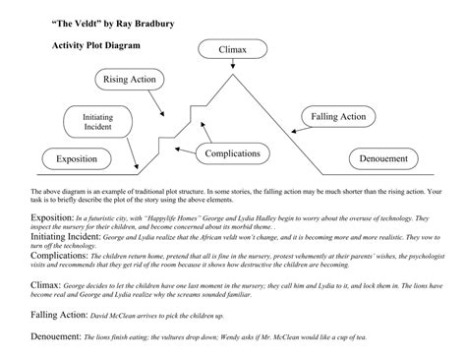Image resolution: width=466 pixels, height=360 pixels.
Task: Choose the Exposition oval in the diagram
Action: [x=76, y=158]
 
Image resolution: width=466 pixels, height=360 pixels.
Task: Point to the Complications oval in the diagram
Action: [x=237, y=152]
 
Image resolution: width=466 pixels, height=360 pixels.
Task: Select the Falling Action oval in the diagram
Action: [x=338, y=117]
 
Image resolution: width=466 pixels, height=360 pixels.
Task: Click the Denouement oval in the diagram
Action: [x=383, y=158]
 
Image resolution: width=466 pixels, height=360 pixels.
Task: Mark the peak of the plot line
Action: [x=233, y=78]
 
